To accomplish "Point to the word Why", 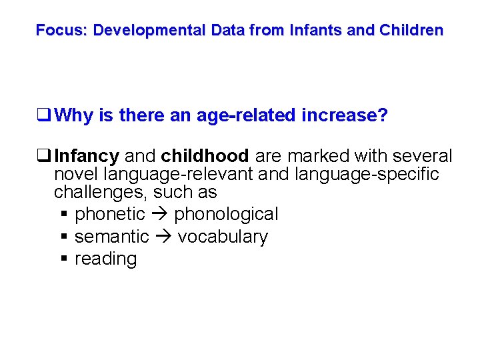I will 74,116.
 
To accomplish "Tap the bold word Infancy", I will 87,157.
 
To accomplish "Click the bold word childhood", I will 204,157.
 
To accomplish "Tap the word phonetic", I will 110,215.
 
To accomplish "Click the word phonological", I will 226,215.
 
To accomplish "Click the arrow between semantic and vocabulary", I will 163,238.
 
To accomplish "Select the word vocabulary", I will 223,237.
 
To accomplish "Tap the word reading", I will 105,259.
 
